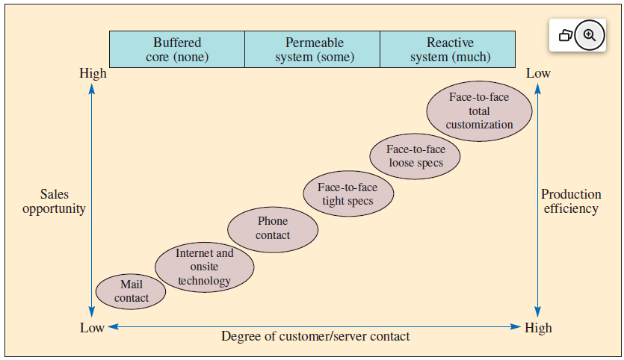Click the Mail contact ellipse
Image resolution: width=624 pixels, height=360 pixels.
pyautogui.click(x=132, y=291)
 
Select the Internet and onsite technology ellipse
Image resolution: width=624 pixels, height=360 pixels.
pyautogui.click(x=204, y=267)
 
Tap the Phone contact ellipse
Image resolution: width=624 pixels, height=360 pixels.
pyautogui.click(x=273, y=229)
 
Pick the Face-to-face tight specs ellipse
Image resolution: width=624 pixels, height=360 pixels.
pyautogui.click(x=347, y=194)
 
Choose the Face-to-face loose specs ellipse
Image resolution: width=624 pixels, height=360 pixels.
pyautogui.click(x=416, y=156)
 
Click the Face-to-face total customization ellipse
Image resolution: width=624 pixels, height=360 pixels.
pyautogui.click(x=480, y=111)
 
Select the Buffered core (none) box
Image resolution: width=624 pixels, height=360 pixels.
pyautogui.click(x=177, y=49)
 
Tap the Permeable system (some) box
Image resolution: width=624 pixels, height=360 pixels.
pyautogui.click(x=312, y=49)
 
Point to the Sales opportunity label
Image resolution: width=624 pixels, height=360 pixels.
pyautogui.click(x=54, y=202)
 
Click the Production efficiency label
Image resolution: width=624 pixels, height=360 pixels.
pyautogui.click(x=571, y=202)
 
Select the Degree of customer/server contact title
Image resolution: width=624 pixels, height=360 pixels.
pyautogui.click(x=315, y=336)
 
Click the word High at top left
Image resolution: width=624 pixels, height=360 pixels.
pyautogui.click(x=93, y=73)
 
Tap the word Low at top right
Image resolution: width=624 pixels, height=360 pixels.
pyautogui.click(x=538, y=73)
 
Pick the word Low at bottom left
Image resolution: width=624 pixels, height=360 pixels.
pyautogui.click(x=92, y=328)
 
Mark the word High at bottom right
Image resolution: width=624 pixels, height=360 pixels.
pyautogui.click(x=538, y=328)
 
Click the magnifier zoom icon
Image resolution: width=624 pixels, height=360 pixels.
pyautogui.click(x=589, y=35)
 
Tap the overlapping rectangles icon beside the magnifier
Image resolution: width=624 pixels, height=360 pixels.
pyautogui.click(x=566, y=35)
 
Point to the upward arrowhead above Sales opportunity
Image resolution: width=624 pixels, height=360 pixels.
pyautogui.click(x=92, y=89)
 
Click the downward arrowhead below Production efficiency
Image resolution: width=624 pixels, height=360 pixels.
pyautogui.click(x=538, y=312)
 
